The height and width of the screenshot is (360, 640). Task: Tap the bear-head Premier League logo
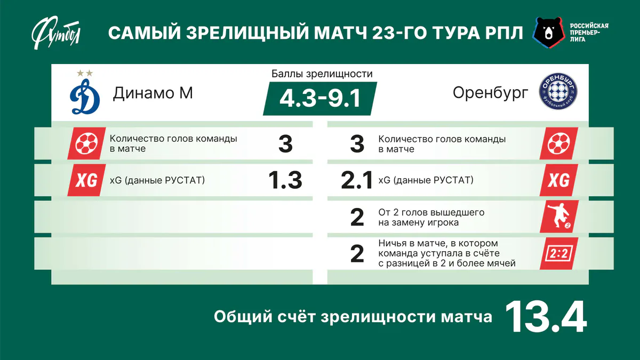[x=549, y=33]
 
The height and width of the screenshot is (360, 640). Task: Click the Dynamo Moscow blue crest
[x=85, y=97]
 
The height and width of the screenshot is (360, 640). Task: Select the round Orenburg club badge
[x=558, y=91]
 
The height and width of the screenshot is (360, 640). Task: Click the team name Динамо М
[x=153, y=93]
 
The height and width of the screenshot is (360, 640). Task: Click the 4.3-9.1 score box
[x=320, y=99]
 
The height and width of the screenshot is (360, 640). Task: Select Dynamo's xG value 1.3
[x=285, y=180]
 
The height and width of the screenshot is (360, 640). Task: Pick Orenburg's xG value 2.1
[x=357, y=180]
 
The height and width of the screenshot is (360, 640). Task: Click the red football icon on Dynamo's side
[x=86, y=143]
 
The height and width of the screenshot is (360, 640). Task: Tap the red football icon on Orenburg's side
[x=558, y=143]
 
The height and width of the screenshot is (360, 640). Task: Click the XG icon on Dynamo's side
[x=86, y=180]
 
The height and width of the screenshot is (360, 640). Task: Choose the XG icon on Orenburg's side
[x=558, y=180]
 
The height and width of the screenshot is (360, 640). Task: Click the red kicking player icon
[x=559, y=217]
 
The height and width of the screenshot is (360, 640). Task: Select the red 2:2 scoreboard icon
[x=558, y=253]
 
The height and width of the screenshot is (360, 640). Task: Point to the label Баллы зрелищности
[x=322, y=74]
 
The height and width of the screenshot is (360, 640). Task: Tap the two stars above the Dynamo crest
[x=85, y=73]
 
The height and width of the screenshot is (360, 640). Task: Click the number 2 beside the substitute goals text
[x=357, y=218]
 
